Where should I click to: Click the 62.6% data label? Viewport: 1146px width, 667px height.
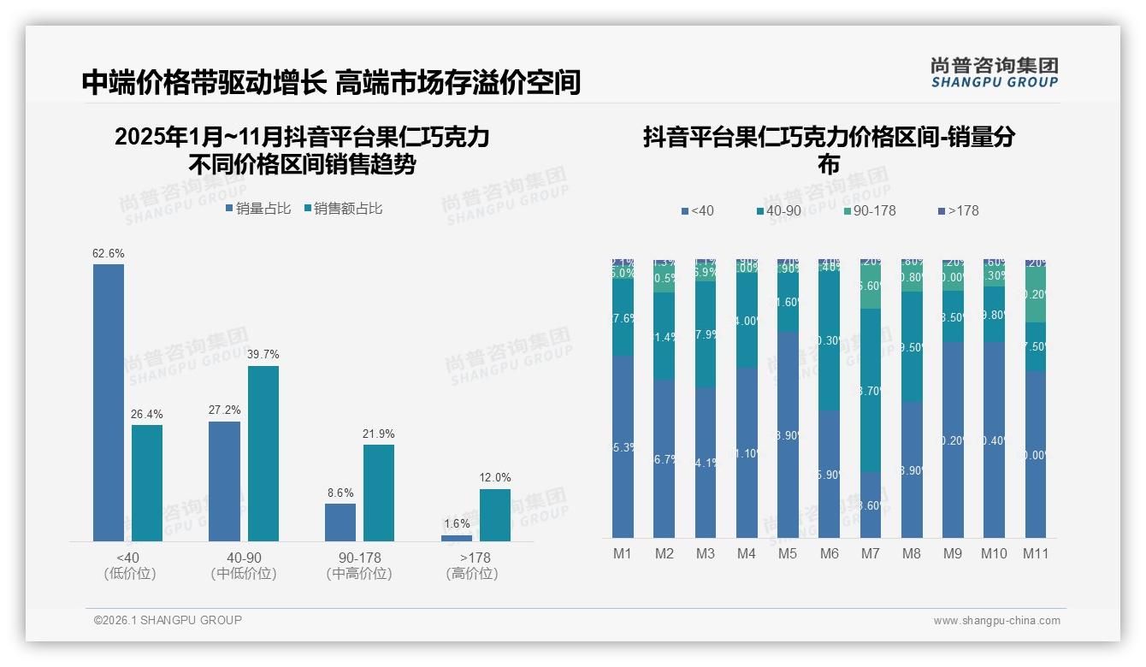pos(109,254)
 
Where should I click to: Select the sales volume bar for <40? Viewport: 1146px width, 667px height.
pos(109,402)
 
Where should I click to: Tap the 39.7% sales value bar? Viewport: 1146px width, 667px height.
pos(263,453)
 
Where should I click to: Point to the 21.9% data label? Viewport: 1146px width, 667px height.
pos(379,434)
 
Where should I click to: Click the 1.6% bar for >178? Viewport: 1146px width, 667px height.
pos(457,538)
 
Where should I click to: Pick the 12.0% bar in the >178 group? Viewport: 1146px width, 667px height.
pos(495,515)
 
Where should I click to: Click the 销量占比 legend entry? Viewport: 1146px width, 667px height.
pos(258,209)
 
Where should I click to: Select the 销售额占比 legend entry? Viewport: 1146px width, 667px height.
pos(343,209)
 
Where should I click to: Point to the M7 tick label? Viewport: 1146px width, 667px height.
pos(870,554)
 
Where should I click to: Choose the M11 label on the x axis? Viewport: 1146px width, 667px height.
pos(1036,554)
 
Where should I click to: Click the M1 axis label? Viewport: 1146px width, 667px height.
pos(623,554)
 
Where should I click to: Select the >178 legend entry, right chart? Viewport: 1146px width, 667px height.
pos(959,210)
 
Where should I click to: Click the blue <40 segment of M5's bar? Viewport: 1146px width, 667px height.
pos(788,434)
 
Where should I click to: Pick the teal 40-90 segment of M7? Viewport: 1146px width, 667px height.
pos(870,390)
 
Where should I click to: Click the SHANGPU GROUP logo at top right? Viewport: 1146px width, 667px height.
pos(994,73)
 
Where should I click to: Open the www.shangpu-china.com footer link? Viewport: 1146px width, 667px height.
pos(996,621)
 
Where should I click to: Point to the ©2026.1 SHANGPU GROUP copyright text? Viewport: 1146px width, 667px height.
pos(168,620)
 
